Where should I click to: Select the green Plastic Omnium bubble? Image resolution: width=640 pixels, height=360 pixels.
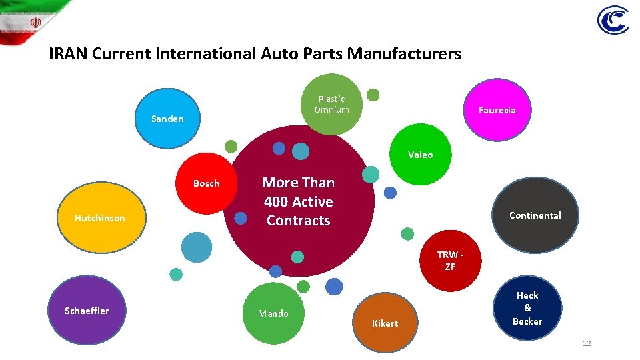click(332, 104)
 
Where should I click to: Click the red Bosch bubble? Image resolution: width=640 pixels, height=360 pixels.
click(207, 183)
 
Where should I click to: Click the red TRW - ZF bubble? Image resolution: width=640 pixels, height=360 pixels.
click(451, 261)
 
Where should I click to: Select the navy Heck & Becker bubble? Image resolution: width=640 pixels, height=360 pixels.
click(527, 308)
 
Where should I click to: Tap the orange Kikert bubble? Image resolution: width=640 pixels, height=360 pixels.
click(385, 323)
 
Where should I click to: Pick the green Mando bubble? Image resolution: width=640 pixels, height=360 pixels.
click(273, 313)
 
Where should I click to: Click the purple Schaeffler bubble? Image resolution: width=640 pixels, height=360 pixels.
click(87, 311)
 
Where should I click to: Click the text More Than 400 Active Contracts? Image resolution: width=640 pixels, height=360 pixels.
click(298, 201)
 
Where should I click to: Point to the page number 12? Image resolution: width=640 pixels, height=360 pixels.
click(587, 343)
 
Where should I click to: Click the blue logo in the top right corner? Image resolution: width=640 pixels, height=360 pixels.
click(613, 21)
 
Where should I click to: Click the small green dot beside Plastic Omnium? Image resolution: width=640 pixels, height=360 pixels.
click(373, 95)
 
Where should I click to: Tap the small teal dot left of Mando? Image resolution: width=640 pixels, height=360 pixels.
click(176, 274)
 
